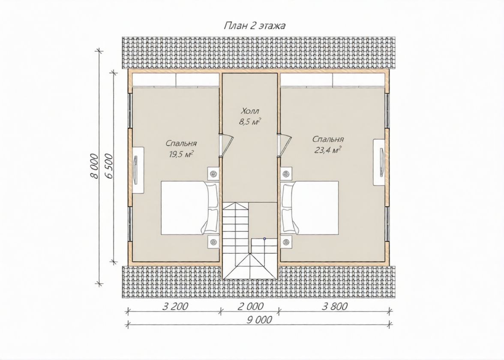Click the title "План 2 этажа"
[254, 26]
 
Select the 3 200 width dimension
[175, 306]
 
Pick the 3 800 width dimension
[335, 306]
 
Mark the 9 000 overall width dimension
[259, 320]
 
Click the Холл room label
[250, 111]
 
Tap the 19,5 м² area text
[181, 154]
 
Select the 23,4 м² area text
[328, 150]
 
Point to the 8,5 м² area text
[250, 122]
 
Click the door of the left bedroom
[227, 145]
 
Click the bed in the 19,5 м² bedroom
[190, 207]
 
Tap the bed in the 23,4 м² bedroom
[310, 207]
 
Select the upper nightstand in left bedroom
[213, 174]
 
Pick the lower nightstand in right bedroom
[286, 241]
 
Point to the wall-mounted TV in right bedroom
[380, 162]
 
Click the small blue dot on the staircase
[264, 238]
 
